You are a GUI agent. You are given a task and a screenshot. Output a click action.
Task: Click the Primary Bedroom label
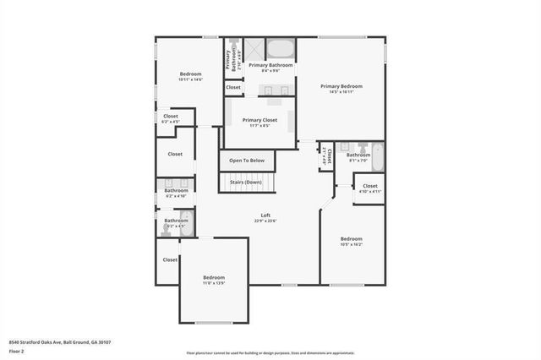tap(341, 86)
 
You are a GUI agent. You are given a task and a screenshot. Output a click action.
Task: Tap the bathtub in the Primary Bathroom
tap(280, 47)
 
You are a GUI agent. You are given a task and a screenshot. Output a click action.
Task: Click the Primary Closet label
tap(260, 120)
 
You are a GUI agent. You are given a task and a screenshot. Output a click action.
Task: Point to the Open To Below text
tap(247, 160)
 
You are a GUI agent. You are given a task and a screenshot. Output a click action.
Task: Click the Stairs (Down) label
tap(247, 182)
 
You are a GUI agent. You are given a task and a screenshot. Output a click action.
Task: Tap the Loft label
tap(265, 215)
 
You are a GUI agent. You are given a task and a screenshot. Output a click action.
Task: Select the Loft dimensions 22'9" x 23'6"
tap(265, 221)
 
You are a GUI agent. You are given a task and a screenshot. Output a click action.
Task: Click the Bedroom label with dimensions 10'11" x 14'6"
tap(190, 74)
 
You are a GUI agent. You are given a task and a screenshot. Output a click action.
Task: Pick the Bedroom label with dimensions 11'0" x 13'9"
tap(214, 277)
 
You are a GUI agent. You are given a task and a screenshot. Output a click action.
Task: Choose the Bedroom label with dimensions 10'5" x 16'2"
tap(351, 238)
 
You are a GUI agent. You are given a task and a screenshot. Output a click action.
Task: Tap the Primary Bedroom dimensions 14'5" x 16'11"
tap(341, 92)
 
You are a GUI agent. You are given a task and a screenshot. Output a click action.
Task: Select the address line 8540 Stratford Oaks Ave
tap(60, 342)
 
